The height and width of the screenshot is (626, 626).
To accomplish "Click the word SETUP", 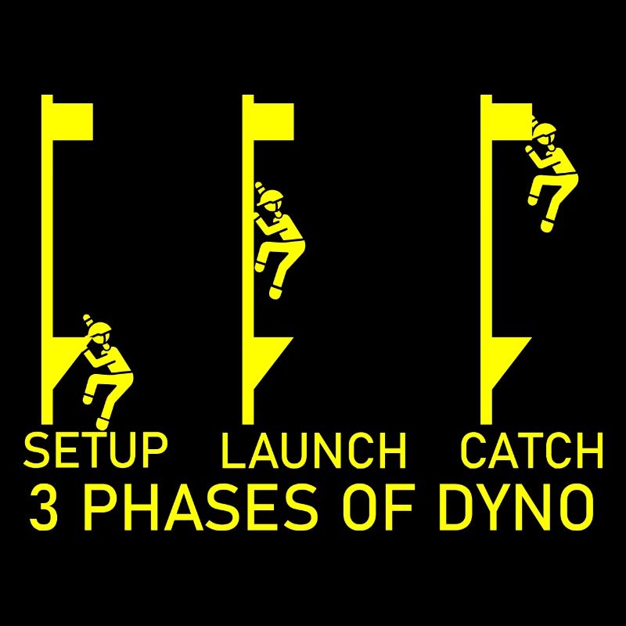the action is [95, 450].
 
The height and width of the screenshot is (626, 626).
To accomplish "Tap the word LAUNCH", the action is [314, 450].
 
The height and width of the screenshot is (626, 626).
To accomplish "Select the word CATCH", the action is [531, 450].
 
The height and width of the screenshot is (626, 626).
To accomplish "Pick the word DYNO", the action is [515, 506].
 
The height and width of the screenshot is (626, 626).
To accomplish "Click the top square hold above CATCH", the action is [512, 122].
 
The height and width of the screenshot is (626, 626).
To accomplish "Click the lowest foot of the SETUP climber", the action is [103, 423].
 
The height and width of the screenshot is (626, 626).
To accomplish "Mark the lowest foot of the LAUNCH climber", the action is [275, 292].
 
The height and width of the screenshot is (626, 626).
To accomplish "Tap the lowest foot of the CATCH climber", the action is [547, 225].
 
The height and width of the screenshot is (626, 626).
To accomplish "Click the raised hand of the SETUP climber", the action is [87, 318].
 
